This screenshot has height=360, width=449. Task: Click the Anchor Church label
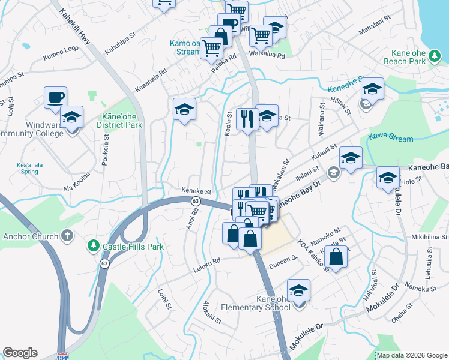(31, 236)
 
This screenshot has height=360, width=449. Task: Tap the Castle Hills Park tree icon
(93, 245)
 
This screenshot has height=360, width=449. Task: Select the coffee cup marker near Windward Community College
(55, 97)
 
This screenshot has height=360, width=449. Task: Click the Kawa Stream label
(391, 138)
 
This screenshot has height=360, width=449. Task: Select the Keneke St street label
(197, 191)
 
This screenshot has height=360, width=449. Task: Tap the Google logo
(20, 353)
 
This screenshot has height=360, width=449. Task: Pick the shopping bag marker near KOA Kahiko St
(337, 257)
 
